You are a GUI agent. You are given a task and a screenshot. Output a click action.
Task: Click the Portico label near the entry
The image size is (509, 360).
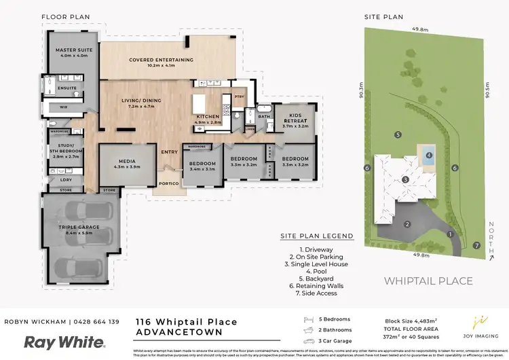[168, 183]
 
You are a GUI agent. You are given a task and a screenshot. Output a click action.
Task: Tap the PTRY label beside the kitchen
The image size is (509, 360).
[238, 97]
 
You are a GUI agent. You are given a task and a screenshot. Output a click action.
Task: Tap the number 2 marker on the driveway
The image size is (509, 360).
[407, 224]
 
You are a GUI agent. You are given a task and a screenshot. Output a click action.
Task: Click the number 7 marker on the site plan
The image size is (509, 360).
[476, 245]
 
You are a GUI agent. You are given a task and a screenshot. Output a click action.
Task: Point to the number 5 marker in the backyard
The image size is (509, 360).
[398, 134]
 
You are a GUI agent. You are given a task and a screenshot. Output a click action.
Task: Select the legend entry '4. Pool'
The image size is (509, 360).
[317, 272]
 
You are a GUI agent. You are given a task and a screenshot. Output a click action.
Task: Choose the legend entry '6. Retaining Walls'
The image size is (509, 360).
[317, 287]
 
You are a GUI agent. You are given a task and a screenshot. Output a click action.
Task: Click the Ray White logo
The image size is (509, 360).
[64, 342]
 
